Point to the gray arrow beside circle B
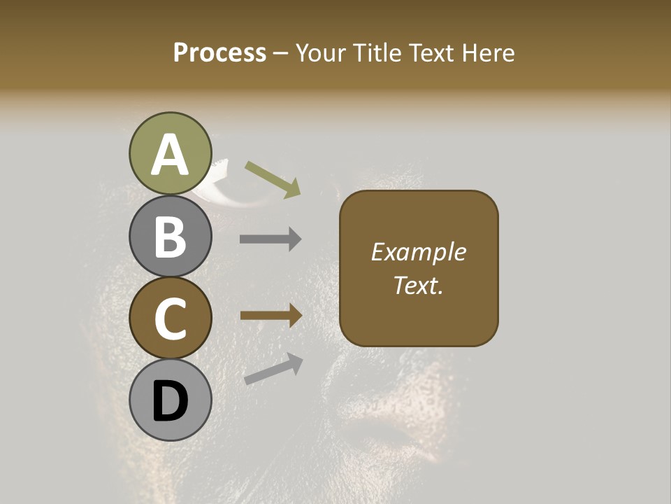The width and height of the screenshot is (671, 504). tap(271, 239)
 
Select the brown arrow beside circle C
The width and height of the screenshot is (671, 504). tap(271, 316)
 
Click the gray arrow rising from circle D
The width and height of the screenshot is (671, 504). tap(273, 369)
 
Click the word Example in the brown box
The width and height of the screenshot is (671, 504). tap(418, 252)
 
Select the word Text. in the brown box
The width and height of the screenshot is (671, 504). tap(418, 285)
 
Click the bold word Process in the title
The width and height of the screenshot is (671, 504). tap(219, 52)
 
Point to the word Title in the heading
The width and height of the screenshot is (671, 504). tap(382, 52)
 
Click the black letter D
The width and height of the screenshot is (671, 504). tap(170, 402)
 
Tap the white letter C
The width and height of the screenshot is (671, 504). tap(170, 319)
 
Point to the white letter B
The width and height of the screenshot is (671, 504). tap(170, 237)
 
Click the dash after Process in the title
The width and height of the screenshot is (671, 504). tap(281, 54)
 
